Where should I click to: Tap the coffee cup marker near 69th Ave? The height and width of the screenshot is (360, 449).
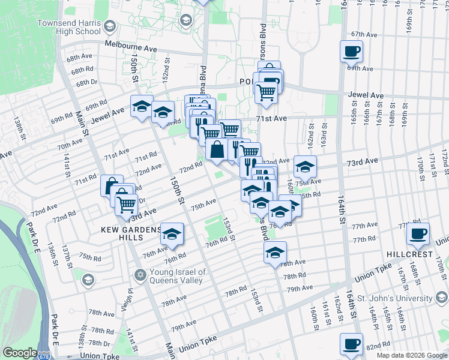click(352, 51)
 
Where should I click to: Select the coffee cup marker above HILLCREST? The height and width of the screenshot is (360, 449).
click(418, 233)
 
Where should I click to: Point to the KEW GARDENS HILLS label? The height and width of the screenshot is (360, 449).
click(131, 230)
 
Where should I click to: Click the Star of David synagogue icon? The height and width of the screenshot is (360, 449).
click(140, 275)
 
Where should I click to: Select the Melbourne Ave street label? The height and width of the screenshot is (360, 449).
click(130, 44)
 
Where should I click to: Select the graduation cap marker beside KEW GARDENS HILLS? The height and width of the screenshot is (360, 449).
click(172, 235)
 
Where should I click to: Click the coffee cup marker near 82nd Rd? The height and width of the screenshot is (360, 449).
click(352, 344)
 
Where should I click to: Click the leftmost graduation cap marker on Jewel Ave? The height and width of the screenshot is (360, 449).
click(141, 107)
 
